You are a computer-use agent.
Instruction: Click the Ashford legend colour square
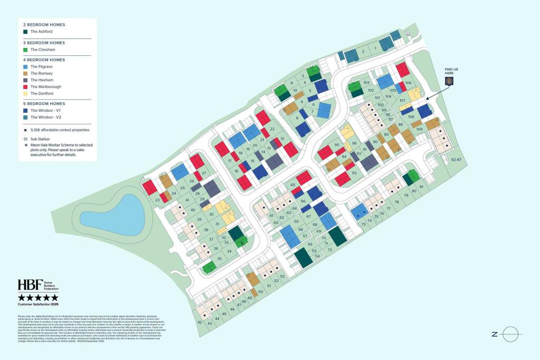25,32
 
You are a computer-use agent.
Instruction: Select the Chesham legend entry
40,50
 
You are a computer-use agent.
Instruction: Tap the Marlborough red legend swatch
25,86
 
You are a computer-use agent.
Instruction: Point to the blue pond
112,215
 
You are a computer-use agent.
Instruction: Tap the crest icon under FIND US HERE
449,81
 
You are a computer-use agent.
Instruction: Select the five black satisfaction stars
38,298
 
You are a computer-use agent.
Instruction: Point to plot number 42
199,322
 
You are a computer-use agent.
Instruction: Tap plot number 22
272,129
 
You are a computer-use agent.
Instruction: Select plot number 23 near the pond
157,200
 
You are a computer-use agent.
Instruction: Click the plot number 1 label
375,48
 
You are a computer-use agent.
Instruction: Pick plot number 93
354,173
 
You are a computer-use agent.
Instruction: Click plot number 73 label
363,225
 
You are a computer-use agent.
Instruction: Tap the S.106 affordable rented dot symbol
25,130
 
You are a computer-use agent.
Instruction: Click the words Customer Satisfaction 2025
38,304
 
